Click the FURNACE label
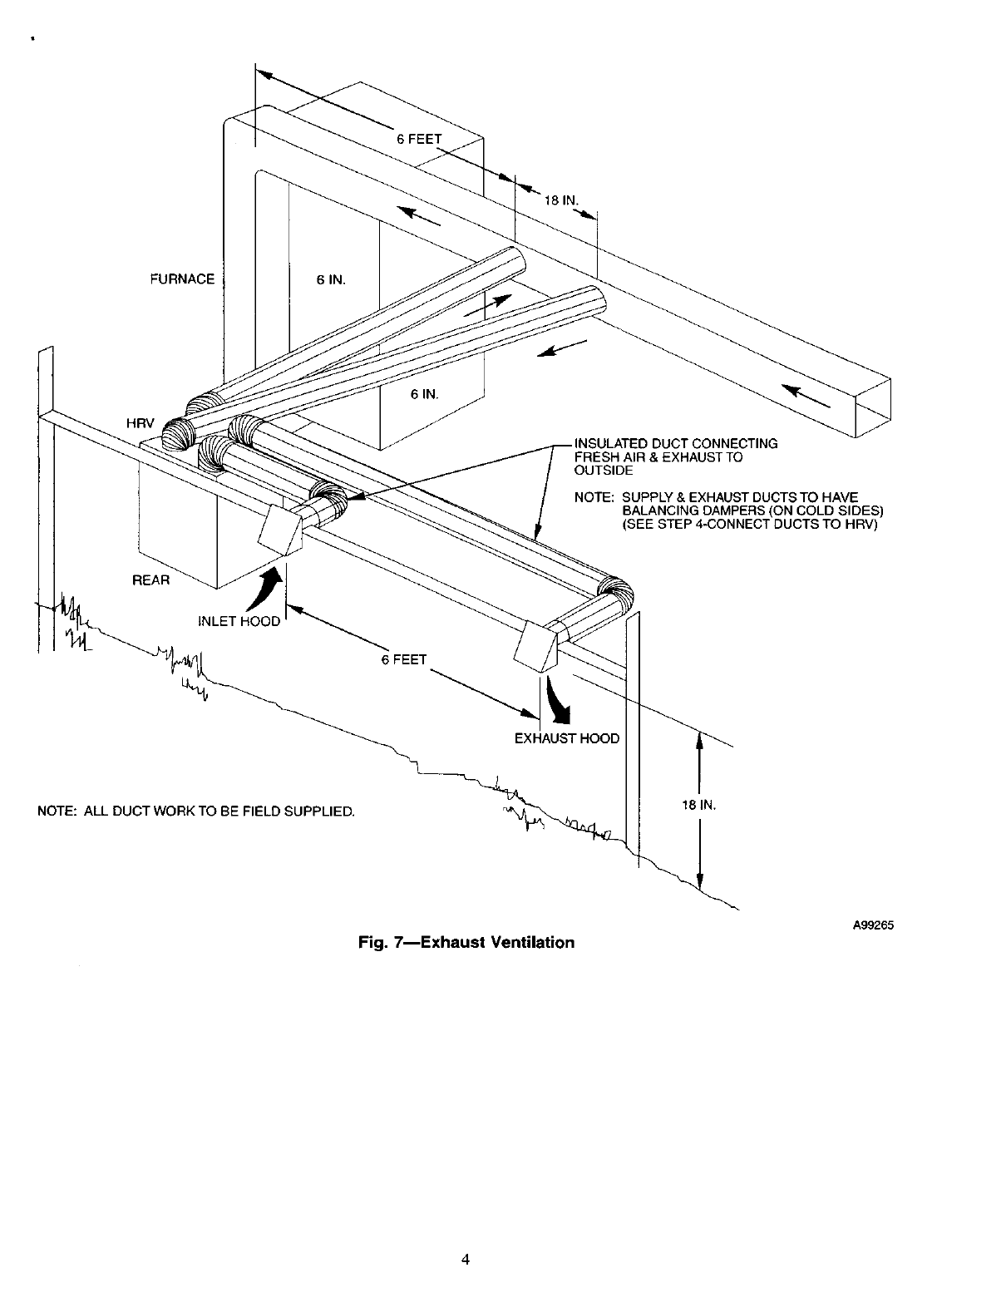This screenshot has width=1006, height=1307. (x=181, y=279)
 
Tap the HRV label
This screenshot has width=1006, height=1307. (x=137, y=424)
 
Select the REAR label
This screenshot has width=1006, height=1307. (x=151, y=580)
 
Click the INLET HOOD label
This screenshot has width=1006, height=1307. (x=239, y=621)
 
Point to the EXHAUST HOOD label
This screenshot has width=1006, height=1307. (x=567, y=738)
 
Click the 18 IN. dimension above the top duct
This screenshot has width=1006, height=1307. (x=560, y=200)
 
